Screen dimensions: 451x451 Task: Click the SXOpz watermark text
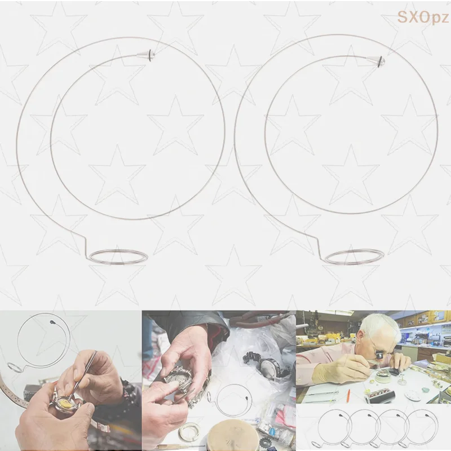tap(423, 17)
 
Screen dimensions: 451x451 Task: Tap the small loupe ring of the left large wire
tap(118, 257)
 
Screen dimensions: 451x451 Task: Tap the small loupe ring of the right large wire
tap(354, 257)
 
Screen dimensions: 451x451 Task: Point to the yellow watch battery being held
tap(65, 403)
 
